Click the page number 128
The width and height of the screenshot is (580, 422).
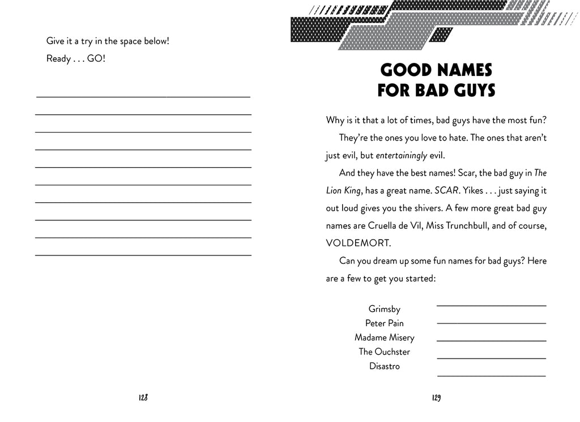coord(143,398)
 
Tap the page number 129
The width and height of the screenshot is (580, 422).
coord(436,398)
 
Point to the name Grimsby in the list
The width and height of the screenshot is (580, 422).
coord(384,309)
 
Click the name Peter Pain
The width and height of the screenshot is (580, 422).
coord(384,323)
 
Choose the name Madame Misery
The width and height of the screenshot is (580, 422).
coord(384,338)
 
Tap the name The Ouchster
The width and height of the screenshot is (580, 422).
coord(384,352)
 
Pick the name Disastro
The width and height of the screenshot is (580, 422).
coord(384,366)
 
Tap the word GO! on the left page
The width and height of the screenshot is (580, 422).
coord(96,59)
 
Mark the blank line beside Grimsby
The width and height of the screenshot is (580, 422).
coord(491,305)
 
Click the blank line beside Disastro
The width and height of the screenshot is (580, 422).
coord(491,375)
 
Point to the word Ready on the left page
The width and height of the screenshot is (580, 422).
coord(58,59)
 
